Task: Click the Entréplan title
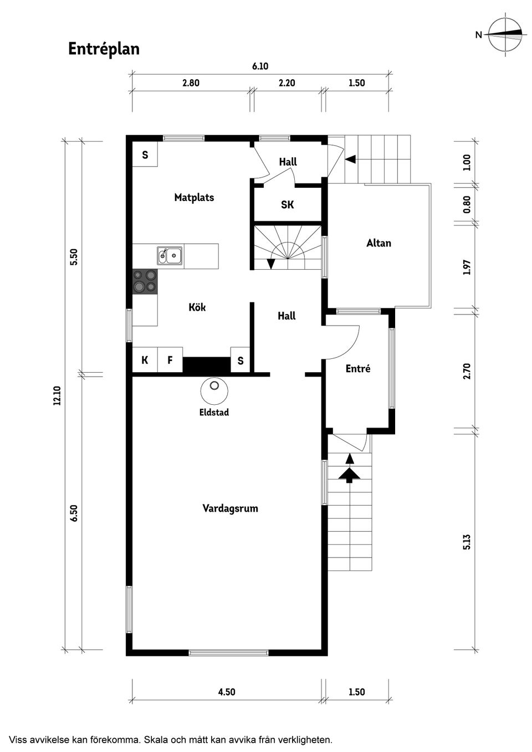click(x=104, y=49)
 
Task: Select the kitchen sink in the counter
click(x=170, y=256)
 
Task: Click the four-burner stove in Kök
click(x=145, y=281)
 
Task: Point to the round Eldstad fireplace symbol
click(x=213, y=390)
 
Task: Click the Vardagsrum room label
click(x=230, y=508)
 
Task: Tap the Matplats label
click(x=194, y=197)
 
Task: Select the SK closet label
click(x=287, y=205)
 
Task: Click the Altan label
click(x=378, y=243)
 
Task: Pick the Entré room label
click(x=357, y=368)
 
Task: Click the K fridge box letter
click(x=145, y=360)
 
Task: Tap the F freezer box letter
click(x=170, y=360)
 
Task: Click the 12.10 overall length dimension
click(x=57, y=396)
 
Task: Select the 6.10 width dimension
click(x=260, y=66)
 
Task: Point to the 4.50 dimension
click(x=226, y=692)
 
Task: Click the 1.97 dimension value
click(x=467, y=267)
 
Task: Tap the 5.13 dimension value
click(x=467, y=542)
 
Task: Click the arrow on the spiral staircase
click(x=270, y=264)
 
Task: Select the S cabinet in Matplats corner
click(x=145, y=154)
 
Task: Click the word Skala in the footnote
click(x=162, y=740)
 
